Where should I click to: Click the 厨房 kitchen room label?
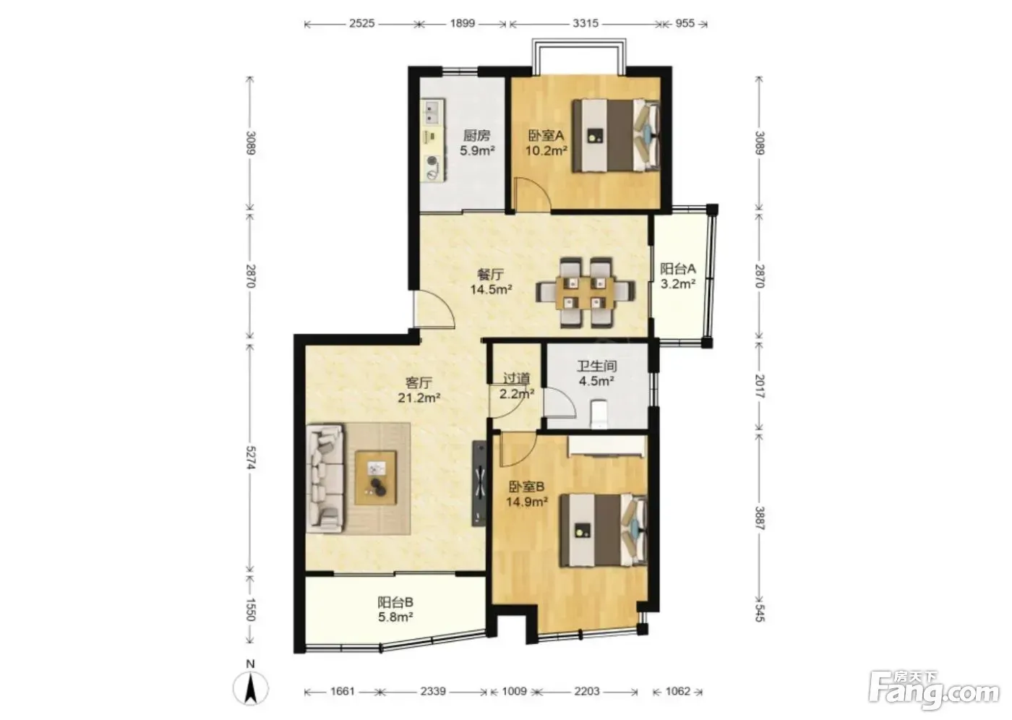(476, 135)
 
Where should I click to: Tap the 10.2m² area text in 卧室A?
(546, 150)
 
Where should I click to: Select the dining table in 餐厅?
(586, 292)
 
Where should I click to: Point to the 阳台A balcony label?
(678, 269)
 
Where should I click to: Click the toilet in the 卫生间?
(599, 413)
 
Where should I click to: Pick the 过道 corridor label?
(517, 379)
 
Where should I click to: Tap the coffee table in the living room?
(376, 477)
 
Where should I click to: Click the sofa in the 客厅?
(325, 479)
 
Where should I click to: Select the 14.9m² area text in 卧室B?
(527, 502)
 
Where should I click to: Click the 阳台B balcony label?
(395, 603)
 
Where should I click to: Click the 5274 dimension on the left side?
(251, 458)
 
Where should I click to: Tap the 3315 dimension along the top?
(586, 23)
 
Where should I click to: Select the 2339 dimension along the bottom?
(433, 691)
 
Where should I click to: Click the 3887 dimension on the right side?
(760, 518)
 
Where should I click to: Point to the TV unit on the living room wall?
(480, 484)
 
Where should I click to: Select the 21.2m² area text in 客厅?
(419, 398)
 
